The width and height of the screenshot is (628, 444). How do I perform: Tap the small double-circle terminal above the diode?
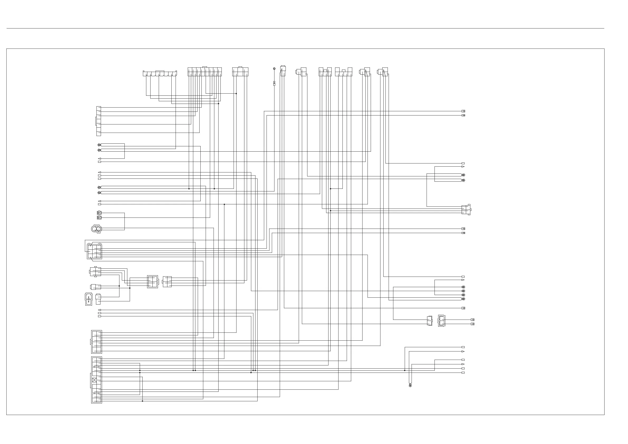(274, 68)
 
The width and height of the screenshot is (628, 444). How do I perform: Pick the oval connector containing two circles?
(96, 228)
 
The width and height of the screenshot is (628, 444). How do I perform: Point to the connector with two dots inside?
(89, 299)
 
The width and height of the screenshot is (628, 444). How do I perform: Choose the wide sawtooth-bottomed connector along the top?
(160, 73)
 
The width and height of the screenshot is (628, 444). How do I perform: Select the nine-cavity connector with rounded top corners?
(94, 251)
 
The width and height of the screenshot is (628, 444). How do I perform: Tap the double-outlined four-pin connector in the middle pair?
(153, 282)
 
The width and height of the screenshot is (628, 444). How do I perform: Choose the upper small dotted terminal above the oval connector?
(99, 213)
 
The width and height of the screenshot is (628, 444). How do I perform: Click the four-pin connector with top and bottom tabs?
(95, 272)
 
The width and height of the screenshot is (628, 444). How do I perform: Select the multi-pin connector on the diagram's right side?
(466, 210)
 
